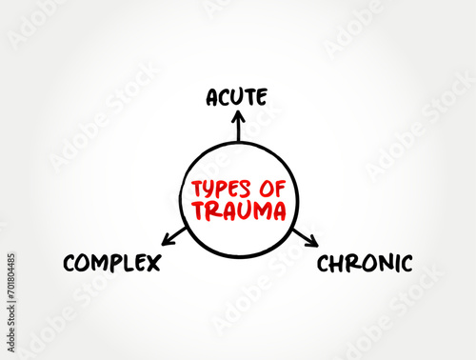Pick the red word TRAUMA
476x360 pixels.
click(x=238, y=210)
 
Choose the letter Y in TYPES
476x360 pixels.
click(x=208, y=190)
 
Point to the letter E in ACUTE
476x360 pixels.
click(x=261, y=96)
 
